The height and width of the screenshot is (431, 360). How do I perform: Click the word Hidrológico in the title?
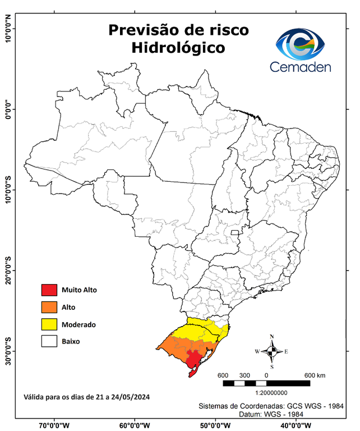tap(178, 48)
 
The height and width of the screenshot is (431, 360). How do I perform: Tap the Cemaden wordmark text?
tap(301, 67)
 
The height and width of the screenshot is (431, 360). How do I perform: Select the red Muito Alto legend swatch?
tap(49, 290)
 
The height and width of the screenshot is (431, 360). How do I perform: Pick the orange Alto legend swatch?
tap(49, 307)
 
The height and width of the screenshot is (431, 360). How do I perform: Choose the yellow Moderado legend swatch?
tap(49, 324)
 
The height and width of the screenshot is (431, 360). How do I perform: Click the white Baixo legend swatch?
tap(49, 341)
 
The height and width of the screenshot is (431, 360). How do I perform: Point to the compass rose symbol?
tap(271, 351)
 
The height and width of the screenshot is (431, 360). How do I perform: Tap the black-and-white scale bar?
tap(266, 383)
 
